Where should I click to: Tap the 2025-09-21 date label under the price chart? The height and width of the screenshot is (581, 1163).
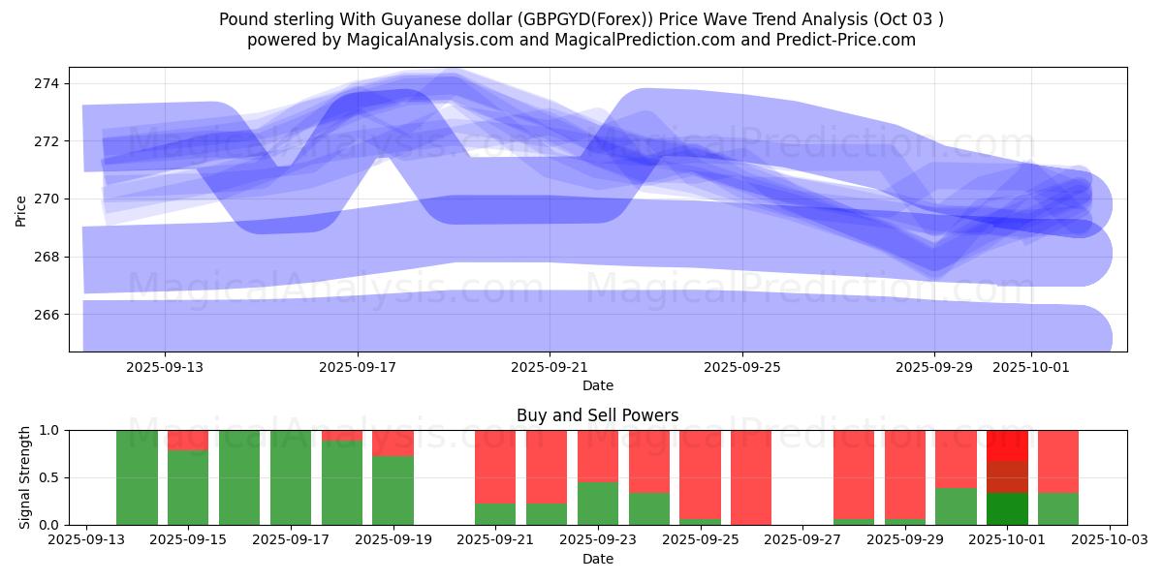[550, 368]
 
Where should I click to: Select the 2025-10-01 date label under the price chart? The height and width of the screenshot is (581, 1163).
[1030, 368]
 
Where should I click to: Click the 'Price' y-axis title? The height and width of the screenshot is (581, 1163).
[21, 210]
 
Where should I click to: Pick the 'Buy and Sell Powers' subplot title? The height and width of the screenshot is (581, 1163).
[597, 415]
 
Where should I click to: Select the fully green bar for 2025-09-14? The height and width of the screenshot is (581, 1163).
[137, 477]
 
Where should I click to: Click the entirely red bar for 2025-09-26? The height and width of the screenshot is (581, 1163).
[751, 477]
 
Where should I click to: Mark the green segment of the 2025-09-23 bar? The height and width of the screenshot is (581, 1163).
[598, 504]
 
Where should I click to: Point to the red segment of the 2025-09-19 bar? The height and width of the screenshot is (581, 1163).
[393, 443]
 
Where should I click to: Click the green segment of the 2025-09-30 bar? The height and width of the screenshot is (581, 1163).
[956, 506]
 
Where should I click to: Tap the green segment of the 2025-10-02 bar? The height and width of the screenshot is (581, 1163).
[1058, 509]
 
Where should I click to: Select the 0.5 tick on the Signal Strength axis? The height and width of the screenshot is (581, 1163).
[50, 477]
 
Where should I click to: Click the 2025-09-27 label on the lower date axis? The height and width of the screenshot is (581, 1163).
[803, 540]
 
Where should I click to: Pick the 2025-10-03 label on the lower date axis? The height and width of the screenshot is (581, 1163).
[1110, 540]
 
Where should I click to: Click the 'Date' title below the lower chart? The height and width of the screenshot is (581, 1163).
[597, 559]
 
